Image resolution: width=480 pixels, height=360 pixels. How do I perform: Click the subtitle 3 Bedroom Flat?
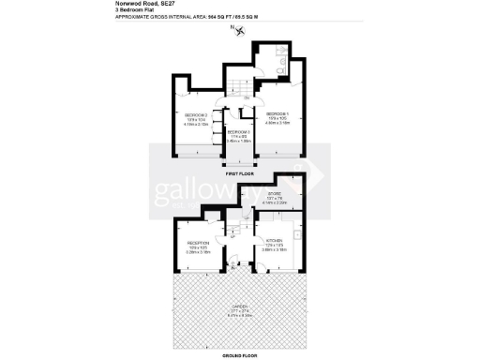pos(133,10)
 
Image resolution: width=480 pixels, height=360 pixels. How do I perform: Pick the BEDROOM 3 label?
pos(239,132)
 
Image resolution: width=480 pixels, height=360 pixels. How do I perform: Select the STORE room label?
pos(275,194)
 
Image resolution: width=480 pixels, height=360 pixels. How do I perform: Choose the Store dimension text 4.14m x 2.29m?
pos(275,202)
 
